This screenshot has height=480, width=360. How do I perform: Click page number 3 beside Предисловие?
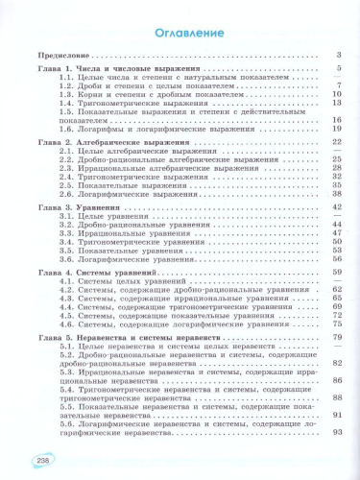point(340,56)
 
